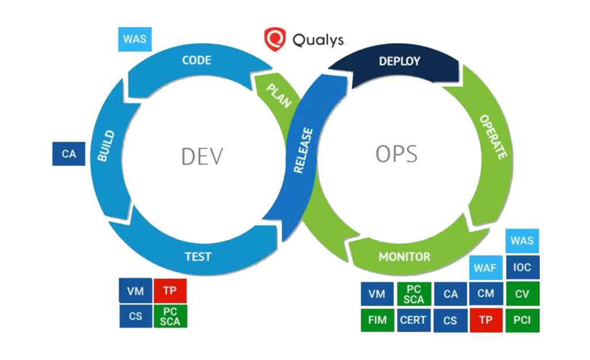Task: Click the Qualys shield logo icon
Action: click(275, 39)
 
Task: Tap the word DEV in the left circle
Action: click(202, 156)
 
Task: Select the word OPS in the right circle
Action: click(396, 154)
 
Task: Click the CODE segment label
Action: click(196, 60)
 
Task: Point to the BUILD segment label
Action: click(107, 145)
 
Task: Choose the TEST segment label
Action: click(198, 256)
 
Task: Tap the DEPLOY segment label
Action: click(399, 61)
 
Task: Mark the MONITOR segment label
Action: click(404, 256)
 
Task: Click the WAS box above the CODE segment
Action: click(135, 40)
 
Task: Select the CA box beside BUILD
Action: click(69, 154)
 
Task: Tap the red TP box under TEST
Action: click(169, 291)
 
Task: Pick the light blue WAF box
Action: click(486, 268)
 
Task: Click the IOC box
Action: click(522, 268)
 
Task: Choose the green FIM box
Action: click(377, 320)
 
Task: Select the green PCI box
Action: click(522, 320)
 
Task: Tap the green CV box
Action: click(522, 294)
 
